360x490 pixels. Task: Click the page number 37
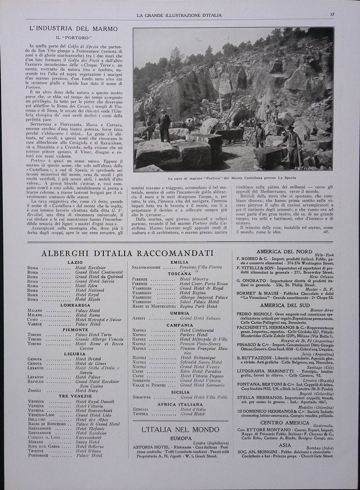tap(332, 14)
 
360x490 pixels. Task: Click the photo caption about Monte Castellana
tap(233, 178)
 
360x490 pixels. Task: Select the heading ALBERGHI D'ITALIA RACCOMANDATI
tap(127, 253)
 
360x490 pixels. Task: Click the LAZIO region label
tap(76, 263)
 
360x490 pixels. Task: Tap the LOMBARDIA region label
tap(76, 305)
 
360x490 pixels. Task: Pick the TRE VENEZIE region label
tap(76, 396)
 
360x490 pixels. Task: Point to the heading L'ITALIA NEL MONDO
tap(180, 429)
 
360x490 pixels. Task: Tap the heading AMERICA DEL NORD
tap(284, 251)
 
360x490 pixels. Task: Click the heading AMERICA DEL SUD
tap(284, 305)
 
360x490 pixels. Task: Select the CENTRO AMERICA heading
tap(284, 423)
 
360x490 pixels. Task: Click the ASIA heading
tap(284, 445)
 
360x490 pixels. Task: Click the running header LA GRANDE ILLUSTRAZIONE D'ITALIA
tap(179, 15)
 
